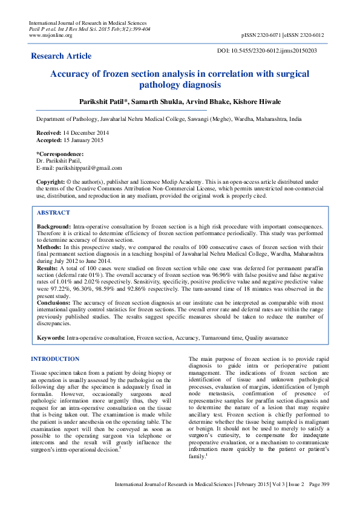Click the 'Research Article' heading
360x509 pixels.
pyautogui.click(x=61, y=56)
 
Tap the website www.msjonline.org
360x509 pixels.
pyautogui.click(x=51, y=35)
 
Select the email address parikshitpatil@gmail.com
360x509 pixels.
pyautogui.click(x=90, y=168)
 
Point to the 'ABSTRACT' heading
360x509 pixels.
pyautogui.click(x=53, y=213)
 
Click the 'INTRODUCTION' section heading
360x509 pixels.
pyautogui.click(x=55, y=359)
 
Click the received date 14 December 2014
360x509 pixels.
pyautogui.click(x=79, y=132)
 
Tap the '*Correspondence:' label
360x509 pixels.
pyautogui.click(x=61, y=154)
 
